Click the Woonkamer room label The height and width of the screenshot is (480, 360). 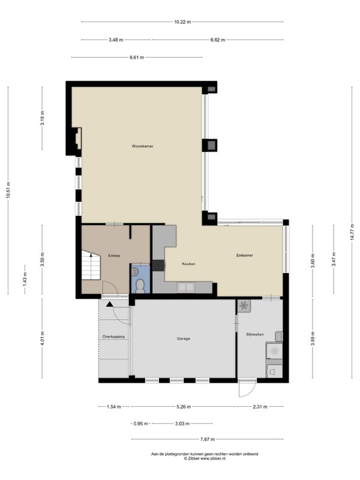[x=142, y=146]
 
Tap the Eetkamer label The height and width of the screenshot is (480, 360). [x=245, y=255]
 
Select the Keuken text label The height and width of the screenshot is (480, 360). [x=188, y=263]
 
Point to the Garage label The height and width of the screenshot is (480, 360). [x=184, y=338]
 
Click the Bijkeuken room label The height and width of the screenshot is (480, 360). [x=255, y=334]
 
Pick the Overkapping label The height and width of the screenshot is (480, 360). [x=113, y=337]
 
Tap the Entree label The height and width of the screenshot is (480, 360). [x=114, y=256]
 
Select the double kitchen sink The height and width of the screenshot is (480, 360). [x=186, y=287]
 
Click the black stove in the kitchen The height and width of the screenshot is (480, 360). [x=158, y=265]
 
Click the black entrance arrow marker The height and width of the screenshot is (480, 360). [x=109, y=304]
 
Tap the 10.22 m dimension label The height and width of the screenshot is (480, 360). [x=182, y=22]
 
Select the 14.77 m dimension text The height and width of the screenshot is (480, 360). [x=352, y=232]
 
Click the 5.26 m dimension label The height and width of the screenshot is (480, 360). [x=184, y=407]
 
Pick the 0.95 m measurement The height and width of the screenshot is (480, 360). [x=141, y=424]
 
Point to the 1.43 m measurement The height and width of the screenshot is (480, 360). [x=25, y=280]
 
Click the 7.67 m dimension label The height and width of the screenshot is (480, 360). [x=207, y=439]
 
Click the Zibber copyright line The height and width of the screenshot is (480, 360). [x=205, y=458]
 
